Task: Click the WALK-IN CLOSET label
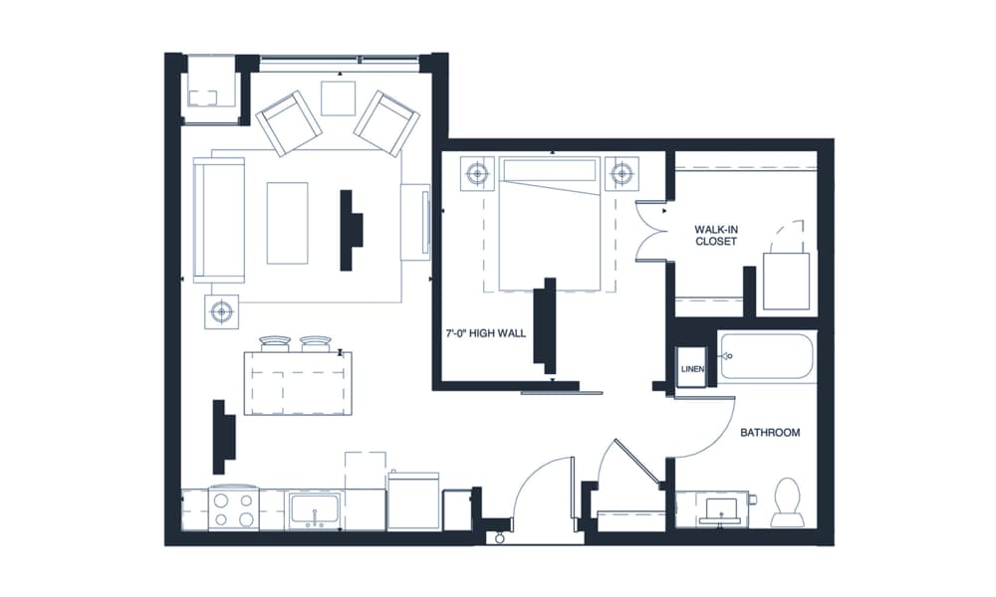(716, 235)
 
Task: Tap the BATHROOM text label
(770, 433)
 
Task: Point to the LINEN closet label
(692, 369)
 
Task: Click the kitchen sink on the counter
(314, 510)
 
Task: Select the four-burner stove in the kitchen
(234, 508)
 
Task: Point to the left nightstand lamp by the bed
(478, 173)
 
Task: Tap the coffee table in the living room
(288, 222)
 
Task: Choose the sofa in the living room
(219, 219)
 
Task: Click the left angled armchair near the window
(289, 122)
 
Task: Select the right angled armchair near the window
(385, 122)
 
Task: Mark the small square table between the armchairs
(338, 98)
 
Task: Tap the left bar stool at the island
(273, 343)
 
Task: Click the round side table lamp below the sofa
(221, 312)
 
